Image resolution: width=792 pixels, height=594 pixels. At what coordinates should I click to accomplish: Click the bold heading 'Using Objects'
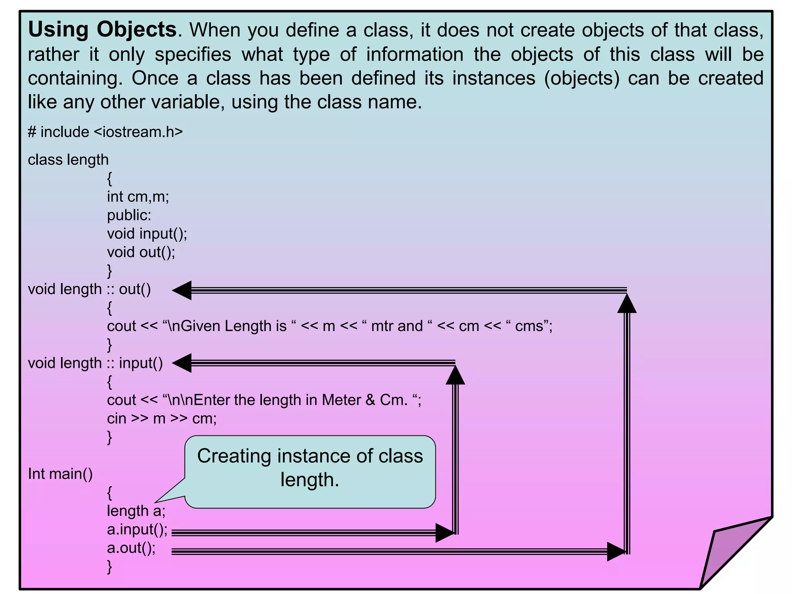[x=102, y=30]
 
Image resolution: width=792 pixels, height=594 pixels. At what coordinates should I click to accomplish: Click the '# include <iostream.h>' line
[x=105, y=132]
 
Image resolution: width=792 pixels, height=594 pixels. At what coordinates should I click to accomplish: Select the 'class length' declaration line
[x=68, y=160]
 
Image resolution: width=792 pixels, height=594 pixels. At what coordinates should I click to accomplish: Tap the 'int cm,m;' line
[x=138, y=197]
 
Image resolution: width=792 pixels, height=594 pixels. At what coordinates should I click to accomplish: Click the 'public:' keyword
[x=129, y=215]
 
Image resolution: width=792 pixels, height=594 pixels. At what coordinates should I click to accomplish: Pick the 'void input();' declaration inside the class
[x=147, y=234]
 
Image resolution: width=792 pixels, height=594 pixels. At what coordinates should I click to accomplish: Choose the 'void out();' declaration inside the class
[x=141, y=252]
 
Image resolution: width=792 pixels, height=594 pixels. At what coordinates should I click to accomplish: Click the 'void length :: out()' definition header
[x=89, y=289]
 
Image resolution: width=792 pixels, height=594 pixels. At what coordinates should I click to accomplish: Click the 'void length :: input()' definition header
[x=96, y=363]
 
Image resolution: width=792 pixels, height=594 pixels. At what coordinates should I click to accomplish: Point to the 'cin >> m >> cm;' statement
[x=162, y=418]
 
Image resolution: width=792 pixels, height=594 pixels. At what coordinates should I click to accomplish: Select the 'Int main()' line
[x=60, y=474]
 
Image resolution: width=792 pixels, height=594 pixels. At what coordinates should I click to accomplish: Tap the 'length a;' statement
[x=136, y=511]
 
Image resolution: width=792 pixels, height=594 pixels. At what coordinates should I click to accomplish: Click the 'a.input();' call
[x=137, y=529]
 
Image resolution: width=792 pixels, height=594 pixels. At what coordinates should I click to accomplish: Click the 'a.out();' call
[x=131, y=548]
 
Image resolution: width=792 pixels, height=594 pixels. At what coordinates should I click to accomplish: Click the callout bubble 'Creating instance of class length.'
[x=310, y=468]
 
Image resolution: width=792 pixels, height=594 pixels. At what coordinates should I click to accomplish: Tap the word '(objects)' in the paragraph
[x=582, y=78]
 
